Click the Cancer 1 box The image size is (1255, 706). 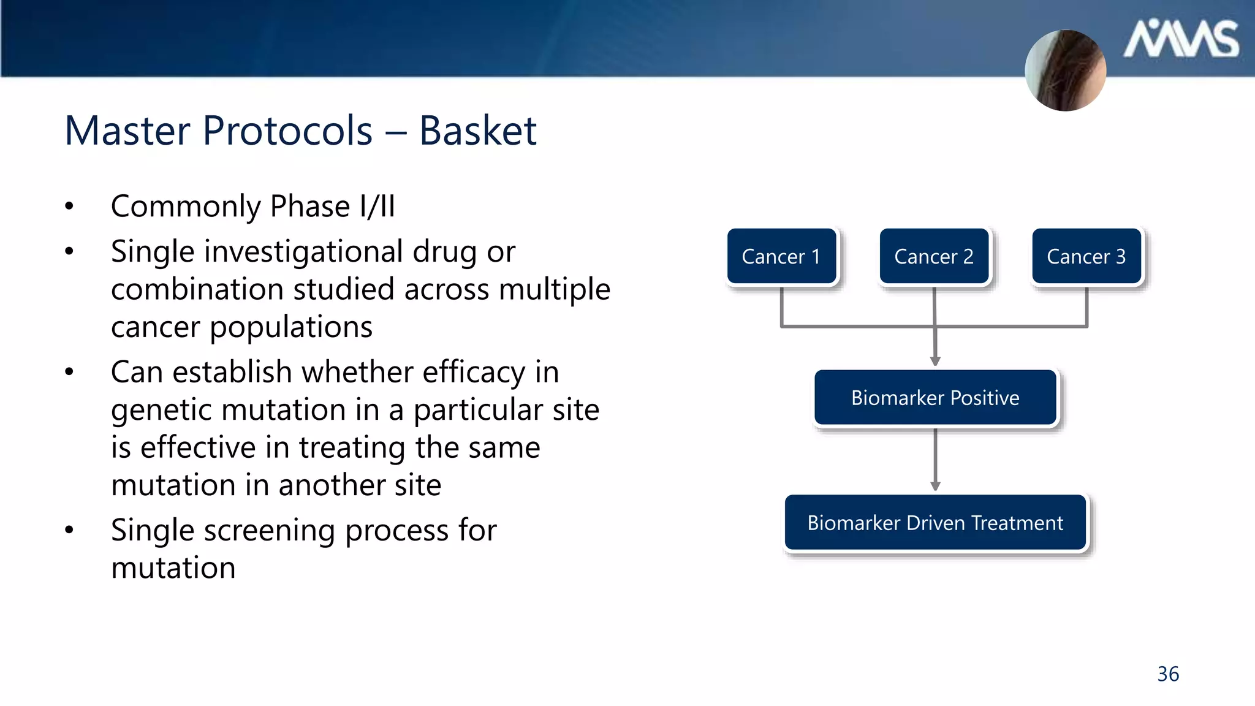[781, 256]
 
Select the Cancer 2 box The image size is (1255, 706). [934, 256]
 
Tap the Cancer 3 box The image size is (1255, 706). [1086, 256]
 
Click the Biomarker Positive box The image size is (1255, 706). [935, 398]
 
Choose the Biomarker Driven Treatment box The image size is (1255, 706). [935, 523]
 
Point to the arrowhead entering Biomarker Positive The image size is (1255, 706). [935, 362]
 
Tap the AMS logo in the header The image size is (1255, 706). [1180, 39]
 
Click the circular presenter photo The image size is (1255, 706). [1066, 70]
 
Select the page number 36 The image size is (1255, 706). [1168, 674]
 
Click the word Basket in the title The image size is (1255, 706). [477, 131]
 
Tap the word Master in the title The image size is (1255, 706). [127, 131]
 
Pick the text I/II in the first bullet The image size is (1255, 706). [377, 206]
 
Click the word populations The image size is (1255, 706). [291, 327]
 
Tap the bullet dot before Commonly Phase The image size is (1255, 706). [69, 207]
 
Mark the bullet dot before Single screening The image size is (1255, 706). [69, 530]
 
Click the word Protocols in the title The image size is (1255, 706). [287, 131]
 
